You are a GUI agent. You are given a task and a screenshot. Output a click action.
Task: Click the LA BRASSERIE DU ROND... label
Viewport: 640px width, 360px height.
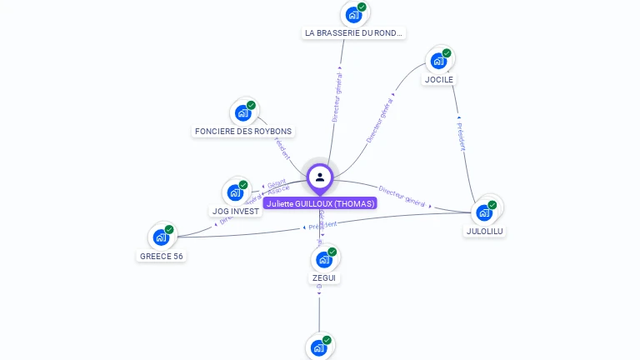(x=354, y=33)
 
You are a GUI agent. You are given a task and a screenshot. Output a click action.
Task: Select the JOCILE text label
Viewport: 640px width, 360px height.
(x=438, y=80)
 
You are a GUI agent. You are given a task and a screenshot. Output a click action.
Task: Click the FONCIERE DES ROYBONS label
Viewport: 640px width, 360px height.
(x=243, y=132)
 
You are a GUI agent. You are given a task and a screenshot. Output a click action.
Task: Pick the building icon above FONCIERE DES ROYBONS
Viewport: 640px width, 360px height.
(x=242, y=112)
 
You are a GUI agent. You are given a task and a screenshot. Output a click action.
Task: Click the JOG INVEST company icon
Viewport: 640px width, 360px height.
(x=235, y=192)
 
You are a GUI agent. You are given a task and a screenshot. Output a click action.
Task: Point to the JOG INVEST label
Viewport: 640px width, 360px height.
(x=236, y=212)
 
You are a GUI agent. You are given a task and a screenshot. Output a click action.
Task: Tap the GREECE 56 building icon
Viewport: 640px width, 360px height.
(x=161, y=237)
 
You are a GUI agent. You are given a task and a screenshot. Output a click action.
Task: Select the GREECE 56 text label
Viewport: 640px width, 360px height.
(x=161, y=257)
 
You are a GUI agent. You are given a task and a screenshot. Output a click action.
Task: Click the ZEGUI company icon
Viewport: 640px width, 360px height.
(x=324, y=259)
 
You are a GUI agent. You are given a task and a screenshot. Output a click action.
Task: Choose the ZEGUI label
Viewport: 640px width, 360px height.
(x=325, y=277)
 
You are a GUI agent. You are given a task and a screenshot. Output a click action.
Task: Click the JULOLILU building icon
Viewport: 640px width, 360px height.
(x=484, y=212)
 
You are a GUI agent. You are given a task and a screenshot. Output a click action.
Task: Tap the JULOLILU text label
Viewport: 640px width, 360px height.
(x=485, y=231)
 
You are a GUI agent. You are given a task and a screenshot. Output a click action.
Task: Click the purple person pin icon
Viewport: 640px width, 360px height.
(x=320, y=177)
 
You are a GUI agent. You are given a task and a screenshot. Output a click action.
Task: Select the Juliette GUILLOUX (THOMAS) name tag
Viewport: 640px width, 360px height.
(x=320, y=203)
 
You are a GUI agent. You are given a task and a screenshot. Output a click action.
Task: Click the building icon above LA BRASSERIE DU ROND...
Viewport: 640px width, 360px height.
(x=353, y=14)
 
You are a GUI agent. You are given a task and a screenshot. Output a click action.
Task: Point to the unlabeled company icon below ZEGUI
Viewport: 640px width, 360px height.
(x=319, y=347)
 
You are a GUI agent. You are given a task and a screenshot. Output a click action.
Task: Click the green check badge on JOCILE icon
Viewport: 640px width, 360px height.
(x=447, y=53)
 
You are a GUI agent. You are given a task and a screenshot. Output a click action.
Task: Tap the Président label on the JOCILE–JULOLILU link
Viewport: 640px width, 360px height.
(x=462, y=137)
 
